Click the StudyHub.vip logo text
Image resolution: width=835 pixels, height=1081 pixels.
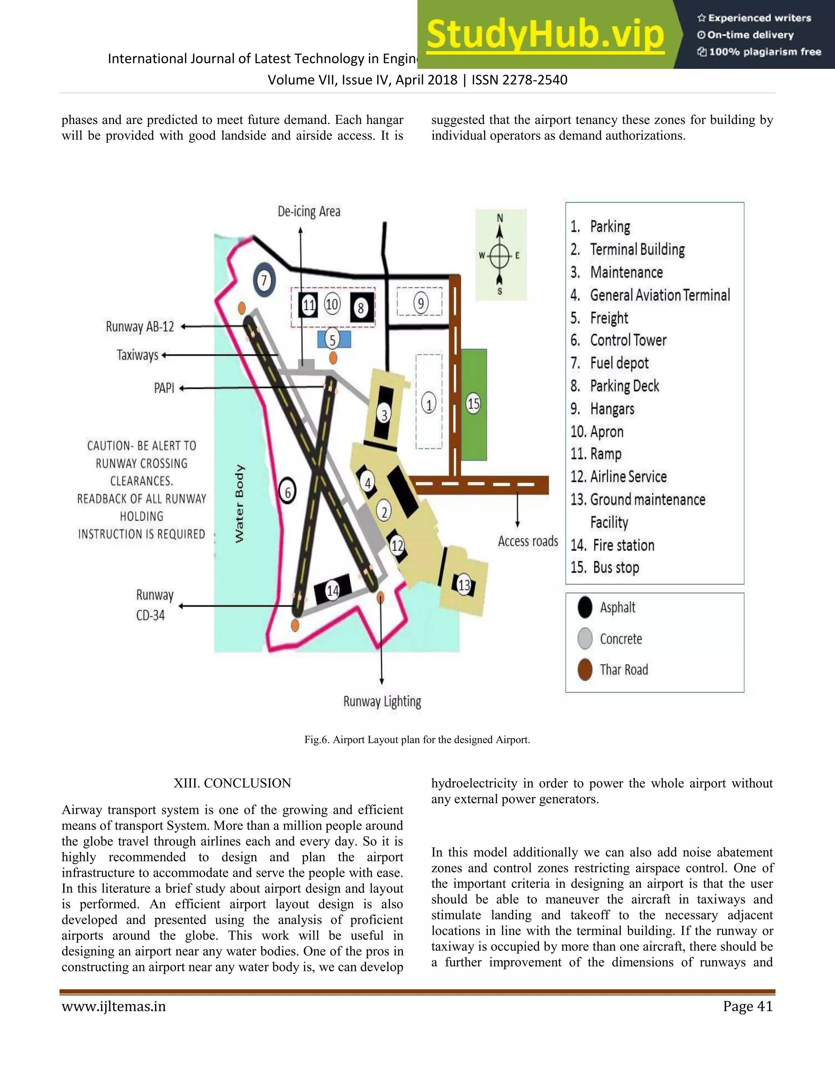tap(545, 35)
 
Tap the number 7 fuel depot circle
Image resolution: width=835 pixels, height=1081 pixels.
tap(264, 281)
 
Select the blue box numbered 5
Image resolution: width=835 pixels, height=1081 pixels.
tap(334, 339)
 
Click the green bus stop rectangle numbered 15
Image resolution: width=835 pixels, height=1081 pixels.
tap(474, 404)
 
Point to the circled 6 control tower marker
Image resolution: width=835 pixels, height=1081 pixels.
tap(287, 492)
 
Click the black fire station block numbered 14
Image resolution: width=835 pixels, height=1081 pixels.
tap(333, 589)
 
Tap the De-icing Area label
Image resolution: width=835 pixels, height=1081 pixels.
tap(309, 212)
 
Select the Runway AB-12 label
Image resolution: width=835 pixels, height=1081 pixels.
tap(140, 327)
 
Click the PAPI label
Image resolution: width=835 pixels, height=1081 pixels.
tap(164, 388)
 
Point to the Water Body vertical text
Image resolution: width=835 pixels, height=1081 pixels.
tap(239, 503)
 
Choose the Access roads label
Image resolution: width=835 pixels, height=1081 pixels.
tap(528, 541)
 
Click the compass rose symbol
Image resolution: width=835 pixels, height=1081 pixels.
tap(500, 256)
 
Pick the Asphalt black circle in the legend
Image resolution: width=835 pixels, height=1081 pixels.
tap(585, 607)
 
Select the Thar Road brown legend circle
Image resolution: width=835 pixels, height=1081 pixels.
tap(585, 670)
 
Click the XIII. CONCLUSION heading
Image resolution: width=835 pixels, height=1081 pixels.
tap(232, 783)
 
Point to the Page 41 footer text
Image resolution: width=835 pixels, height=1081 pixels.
tap(747, 1006)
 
